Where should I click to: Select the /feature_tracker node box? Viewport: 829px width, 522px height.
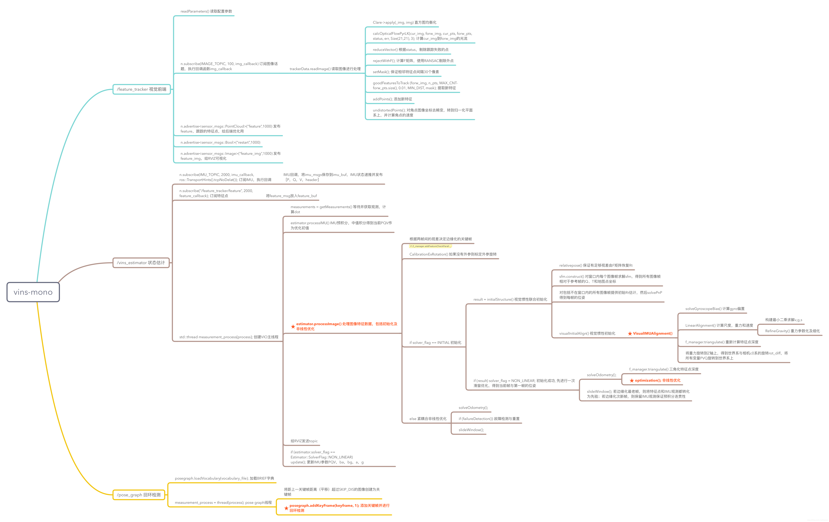click(141, 89)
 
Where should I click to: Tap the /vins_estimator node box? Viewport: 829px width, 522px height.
click(141, 263)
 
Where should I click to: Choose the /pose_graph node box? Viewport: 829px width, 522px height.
click(139, 495)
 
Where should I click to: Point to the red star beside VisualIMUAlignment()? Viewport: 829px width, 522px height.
click(630, 334)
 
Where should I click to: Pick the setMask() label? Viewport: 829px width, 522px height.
click(406, 72)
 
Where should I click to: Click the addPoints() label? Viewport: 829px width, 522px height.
click(392, 99)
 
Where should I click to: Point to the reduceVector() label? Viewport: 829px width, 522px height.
click(410, 50)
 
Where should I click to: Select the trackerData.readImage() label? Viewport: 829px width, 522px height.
click(325, 69)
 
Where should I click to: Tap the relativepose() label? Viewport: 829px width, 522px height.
click(596, 265)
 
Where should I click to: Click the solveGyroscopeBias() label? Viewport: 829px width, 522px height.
click(715, 309)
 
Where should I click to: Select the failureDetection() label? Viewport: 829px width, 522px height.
click(489, 419)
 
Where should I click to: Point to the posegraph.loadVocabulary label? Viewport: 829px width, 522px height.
click(224, 478)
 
